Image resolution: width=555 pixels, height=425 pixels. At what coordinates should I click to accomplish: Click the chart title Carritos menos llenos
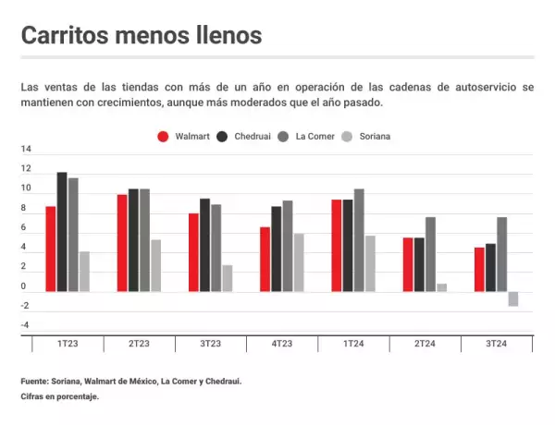141,35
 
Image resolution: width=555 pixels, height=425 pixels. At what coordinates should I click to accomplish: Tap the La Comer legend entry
312,136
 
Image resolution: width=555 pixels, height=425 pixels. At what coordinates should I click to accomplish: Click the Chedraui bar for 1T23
62,232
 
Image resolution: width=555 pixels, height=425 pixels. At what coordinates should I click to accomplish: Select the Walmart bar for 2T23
122,243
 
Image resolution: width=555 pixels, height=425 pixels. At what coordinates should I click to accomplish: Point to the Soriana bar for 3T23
228,278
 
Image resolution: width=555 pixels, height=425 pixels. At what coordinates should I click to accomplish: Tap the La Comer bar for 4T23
288,246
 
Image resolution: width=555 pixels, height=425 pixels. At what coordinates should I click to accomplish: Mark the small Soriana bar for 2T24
442,287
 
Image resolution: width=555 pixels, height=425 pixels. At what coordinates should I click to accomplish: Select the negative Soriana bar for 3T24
513,298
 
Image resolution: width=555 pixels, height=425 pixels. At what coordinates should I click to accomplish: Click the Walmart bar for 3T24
479,269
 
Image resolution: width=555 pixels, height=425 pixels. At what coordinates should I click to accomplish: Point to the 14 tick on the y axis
26,150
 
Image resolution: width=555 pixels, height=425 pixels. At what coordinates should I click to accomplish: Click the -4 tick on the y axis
25,325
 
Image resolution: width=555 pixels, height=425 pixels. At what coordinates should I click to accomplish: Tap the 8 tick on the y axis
26,210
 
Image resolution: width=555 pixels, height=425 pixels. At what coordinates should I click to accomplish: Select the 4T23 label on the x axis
282,344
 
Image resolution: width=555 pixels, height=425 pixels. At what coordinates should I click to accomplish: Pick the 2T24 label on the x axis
425,344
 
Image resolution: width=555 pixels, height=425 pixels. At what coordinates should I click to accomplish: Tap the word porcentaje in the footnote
79,396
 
